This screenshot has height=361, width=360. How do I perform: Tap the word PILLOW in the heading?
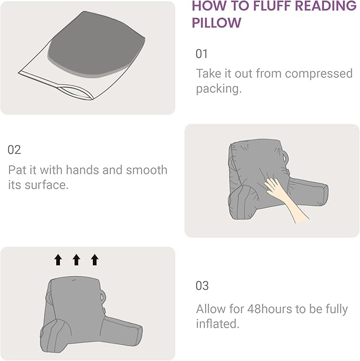(x=216, y=23)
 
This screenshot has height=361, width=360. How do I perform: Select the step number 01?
(x=202, y=54)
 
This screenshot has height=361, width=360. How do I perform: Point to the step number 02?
(x=14, y=150)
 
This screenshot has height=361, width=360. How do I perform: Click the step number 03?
(x=202, y=286)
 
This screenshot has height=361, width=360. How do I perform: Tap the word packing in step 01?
(x=217, y=89)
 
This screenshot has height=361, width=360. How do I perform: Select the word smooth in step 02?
(x=146, y=170)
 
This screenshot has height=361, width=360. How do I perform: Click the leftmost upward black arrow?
(x=58, y=259)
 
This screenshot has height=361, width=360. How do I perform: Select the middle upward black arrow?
(x=76, y=259)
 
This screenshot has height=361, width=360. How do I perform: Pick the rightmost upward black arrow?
(x=94, y=259)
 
